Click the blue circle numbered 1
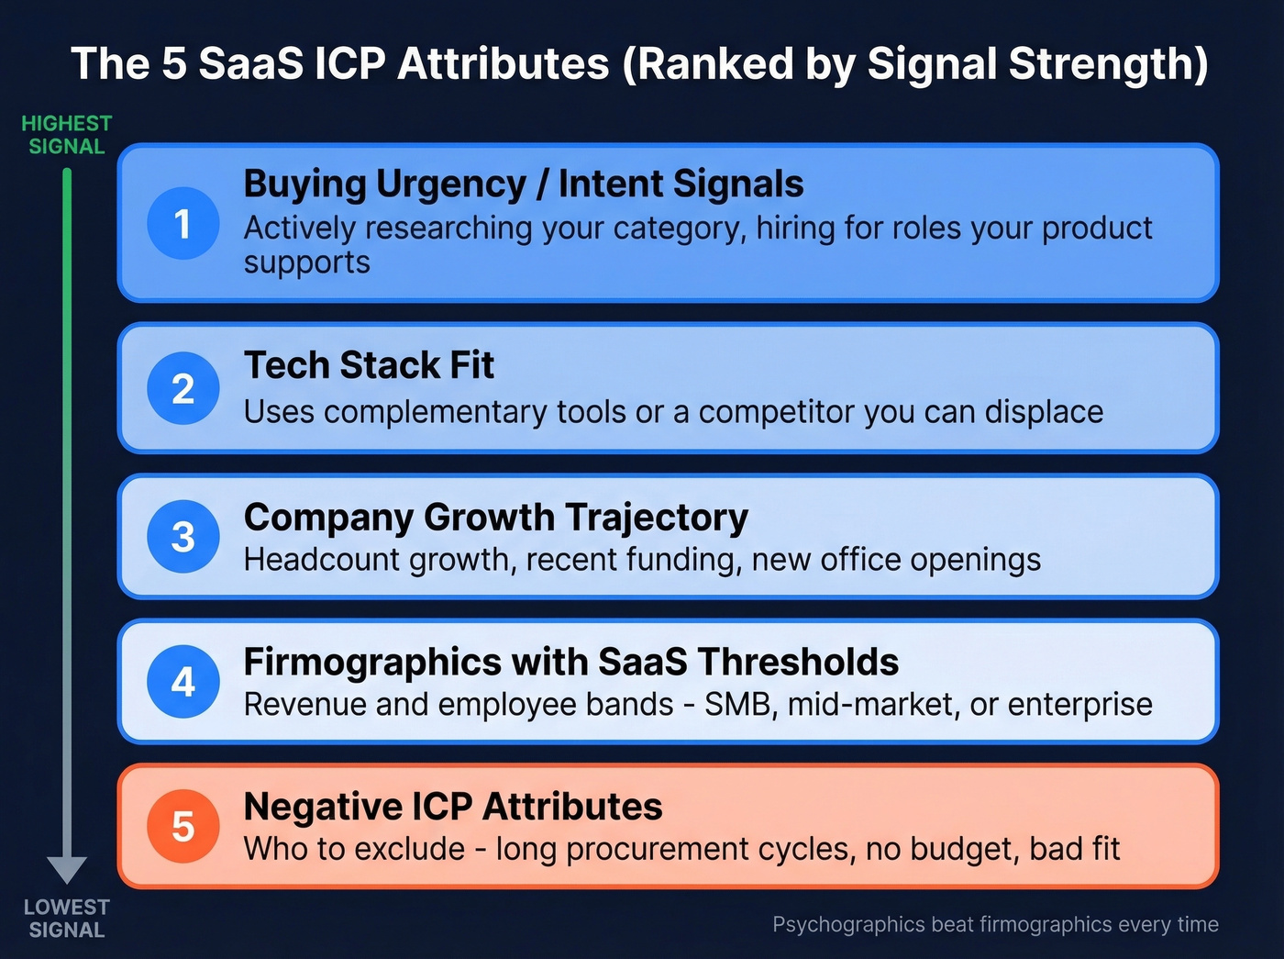[183, 223]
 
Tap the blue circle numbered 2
[183, 388]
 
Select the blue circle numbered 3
[183, 536]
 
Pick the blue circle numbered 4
[183, 681]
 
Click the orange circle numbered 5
[183, 826]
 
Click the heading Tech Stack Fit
[369, 365]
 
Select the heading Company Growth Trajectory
[495, 517]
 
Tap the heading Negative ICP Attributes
[452, 807]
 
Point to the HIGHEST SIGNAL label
[66, 135]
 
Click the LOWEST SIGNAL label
[66, 918]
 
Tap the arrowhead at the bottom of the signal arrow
[67, 868]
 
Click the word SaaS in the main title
[250, 64]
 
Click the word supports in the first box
[306, 263]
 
